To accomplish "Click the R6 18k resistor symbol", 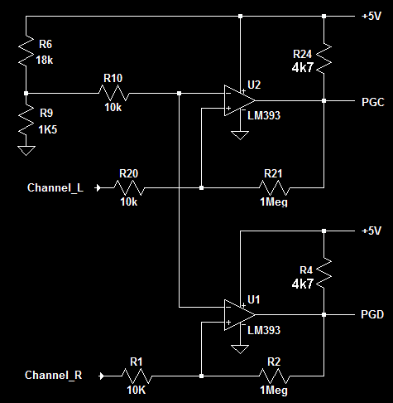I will (x=26, y=53).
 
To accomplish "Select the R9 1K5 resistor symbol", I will (x=26, y=119).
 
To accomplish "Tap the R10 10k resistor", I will (x=113, y=93).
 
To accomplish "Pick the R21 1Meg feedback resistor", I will (x=273, y=187).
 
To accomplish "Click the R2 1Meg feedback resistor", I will (x=273, y=376).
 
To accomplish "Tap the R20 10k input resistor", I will (x=128, y=187).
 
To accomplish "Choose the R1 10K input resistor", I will (x=136, y=376).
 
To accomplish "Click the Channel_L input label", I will (x=55, y=188).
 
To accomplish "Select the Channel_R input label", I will (x=54, y=376).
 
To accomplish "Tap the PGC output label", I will (x=373, y=100).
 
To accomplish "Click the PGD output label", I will (x=373, y=315).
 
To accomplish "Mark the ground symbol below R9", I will (x=26, y=150).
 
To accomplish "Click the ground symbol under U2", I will (x=240, y=134).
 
